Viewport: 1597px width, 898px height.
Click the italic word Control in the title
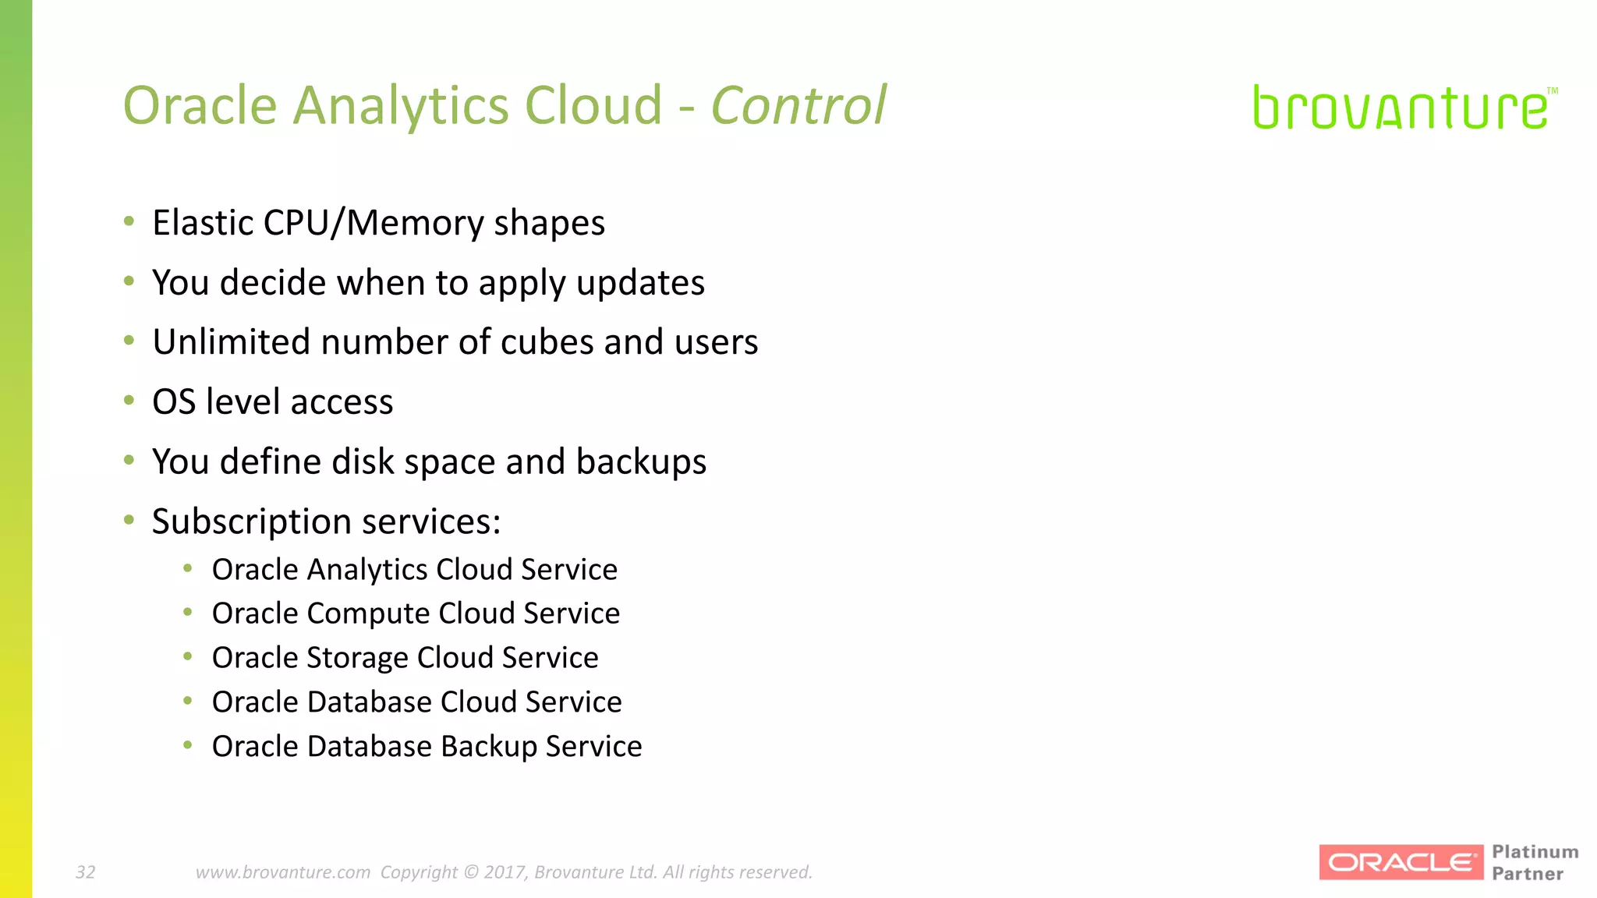798,105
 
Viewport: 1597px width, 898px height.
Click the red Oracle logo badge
1400,862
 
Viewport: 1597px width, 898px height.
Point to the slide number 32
85,872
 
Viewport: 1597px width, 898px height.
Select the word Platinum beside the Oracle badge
1535,852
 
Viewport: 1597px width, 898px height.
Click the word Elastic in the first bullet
202,223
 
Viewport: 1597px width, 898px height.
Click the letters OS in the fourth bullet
173,402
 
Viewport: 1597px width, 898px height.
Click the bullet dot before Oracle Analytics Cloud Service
188,569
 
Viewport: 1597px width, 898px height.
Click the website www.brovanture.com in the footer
283,872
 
